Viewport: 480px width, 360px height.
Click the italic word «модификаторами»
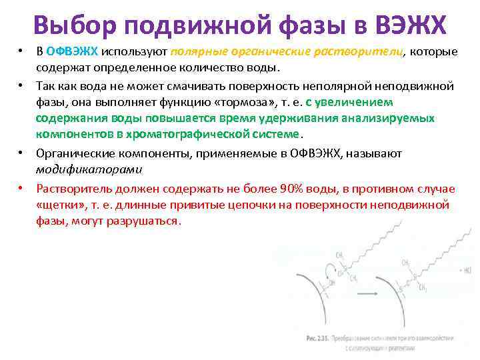click(x=79, y=169)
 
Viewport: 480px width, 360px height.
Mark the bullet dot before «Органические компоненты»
click(x=21, y=153)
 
